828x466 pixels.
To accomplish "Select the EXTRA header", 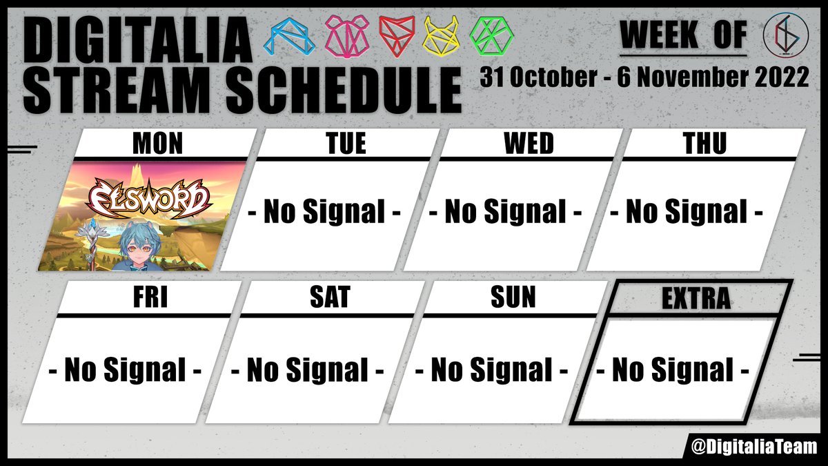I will pos(695,299).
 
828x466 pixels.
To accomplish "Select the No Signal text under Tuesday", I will pos(324,213).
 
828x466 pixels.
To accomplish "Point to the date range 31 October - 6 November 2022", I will pos(644,77).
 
